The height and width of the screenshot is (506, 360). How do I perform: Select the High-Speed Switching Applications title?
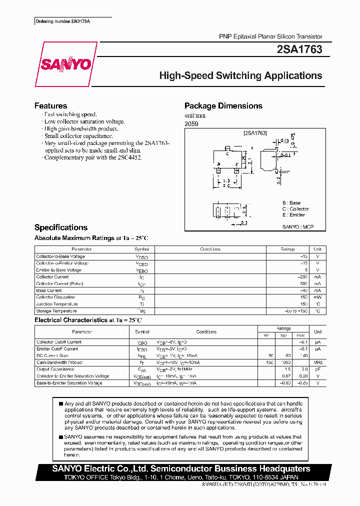[x=240, y=76]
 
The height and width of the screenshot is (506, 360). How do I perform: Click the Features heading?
[x=50, y=106]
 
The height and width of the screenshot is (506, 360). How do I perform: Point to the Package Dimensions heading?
[x=223, y=106]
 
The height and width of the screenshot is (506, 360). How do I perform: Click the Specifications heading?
[x=60, y=227]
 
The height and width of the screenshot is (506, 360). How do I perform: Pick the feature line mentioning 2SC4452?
[x=92, y=157]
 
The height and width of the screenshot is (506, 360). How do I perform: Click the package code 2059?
[x=191, y=123]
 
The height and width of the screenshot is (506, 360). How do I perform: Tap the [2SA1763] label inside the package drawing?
[x=255, y=133]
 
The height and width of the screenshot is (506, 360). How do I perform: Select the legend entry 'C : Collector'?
[x=295, y=209]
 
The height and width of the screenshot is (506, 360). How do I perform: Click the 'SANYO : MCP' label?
[x=297, y=226]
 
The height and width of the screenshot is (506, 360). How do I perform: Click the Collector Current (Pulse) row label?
[x=59, y=283]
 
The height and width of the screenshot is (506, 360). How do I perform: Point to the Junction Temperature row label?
[x=57, y=304]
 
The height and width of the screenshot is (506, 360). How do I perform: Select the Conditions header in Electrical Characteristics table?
[x=206, y=332]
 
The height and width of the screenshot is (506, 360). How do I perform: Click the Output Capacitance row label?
[x=55, y=369]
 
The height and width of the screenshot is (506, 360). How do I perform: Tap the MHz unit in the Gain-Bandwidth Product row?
[x=317, y=362]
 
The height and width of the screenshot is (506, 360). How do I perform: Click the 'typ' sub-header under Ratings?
[x=283, y=335]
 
